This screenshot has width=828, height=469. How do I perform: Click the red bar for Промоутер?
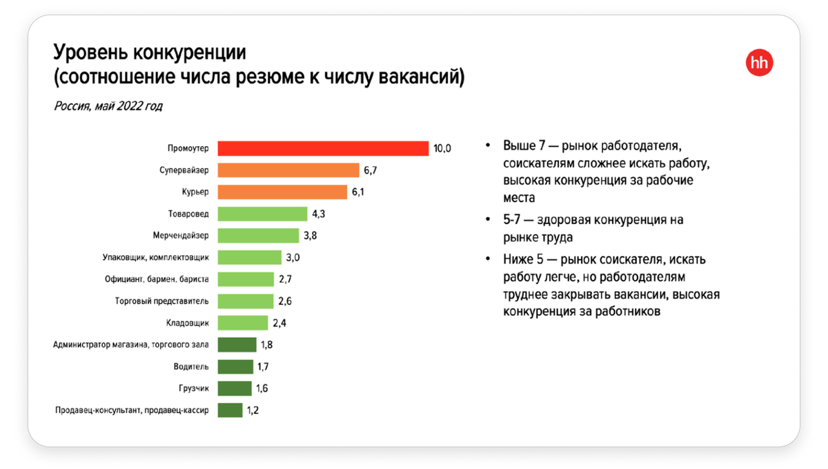click(323, 148)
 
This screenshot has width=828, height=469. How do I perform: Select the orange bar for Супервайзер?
click(288, 170)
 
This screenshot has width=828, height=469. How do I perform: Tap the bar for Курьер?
click(282, 192)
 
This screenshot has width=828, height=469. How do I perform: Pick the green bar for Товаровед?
click(262, 214)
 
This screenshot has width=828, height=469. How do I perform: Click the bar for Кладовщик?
click(242, 323)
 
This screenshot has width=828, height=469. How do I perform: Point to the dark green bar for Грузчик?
click(235, 388)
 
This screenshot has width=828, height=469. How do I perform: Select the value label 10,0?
click(442, 148)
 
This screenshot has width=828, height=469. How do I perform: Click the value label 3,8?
click(310, 236)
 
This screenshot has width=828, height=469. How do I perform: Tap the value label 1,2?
click(254, 410)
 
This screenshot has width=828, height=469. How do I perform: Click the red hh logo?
click(760, 63)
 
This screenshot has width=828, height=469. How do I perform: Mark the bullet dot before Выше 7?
click(489, 148)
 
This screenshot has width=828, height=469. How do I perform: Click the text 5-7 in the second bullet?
click(513, 220)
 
